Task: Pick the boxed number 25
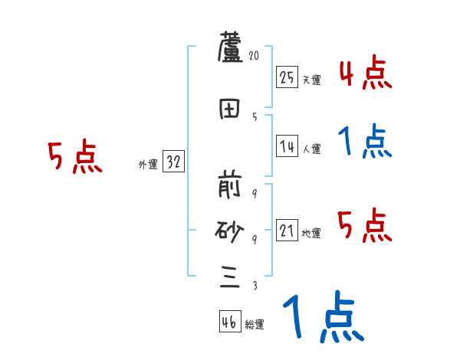[x=287, y=77]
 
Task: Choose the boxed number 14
[x=287, y=146]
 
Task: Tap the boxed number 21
[x=287, y=231]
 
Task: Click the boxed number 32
[x=174, y=162]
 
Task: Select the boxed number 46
[x=229, y=322]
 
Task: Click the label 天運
[x=311, y=80]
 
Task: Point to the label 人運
[x=311, y=149]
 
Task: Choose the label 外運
[x=147, y=165]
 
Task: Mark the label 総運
[x=255, y=325]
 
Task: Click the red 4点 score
[x=366, y=73]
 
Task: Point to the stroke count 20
[x=255, y=56]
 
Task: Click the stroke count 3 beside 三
[x=255, y=286]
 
